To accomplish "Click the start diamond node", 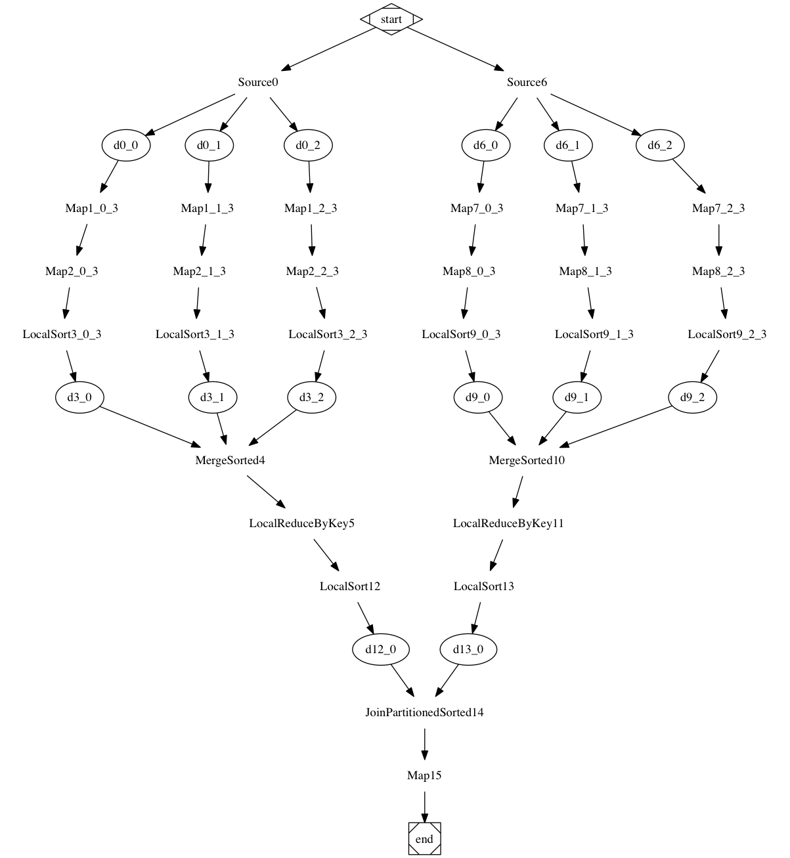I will (391, 19).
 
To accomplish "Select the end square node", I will (424, 839).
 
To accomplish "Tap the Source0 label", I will (258, 82).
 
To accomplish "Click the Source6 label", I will (527, 82).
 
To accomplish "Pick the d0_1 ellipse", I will (209, 145).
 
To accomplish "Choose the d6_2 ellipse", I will (660, 145).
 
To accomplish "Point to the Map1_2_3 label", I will (311, 208).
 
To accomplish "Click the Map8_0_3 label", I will (469, 271).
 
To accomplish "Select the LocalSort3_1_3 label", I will (195, 334).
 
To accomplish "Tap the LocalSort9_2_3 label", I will (727, 334).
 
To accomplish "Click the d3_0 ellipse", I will (79, 397).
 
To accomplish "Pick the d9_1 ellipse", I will (577, 397).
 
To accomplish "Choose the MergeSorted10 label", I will (527, 460).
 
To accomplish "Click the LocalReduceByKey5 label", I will (302, 523).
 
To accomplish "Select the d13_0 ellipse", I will (468, 649).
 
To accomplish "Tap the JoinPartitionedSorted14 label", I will (424, 712).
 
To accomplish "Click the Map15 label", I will (424, 775).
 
